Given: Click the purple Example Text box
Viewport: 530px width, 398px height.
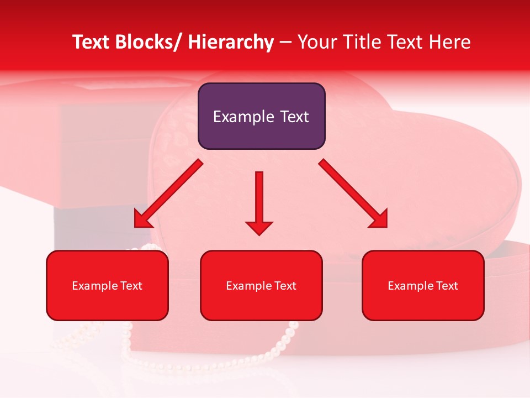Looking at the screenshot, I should tap(261, 116).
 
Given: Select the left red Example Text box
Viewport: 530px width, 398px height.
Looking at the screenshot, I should tap(107, 285).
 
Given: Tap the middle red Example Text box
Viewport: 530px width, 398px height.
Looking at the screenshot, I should tap(261, 285).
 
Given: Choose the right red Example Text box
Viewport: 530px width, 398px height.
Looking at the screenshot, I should tap(423, 285).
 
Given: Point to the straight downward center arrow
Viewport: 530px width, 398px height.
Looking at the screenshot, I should tap(259, 199).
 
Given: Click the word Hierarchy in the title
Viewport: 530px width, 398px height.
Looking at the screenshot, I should tap(231, 42).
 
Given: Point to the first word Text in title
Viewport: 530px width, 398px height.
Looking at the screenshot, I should tap(93, 42).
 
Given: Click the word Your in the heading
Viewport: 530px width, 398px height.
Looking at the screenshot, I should tap(317, 42).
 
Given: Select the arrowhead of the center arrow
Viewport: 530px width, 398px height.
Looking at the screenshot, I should tap(259, 227).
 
